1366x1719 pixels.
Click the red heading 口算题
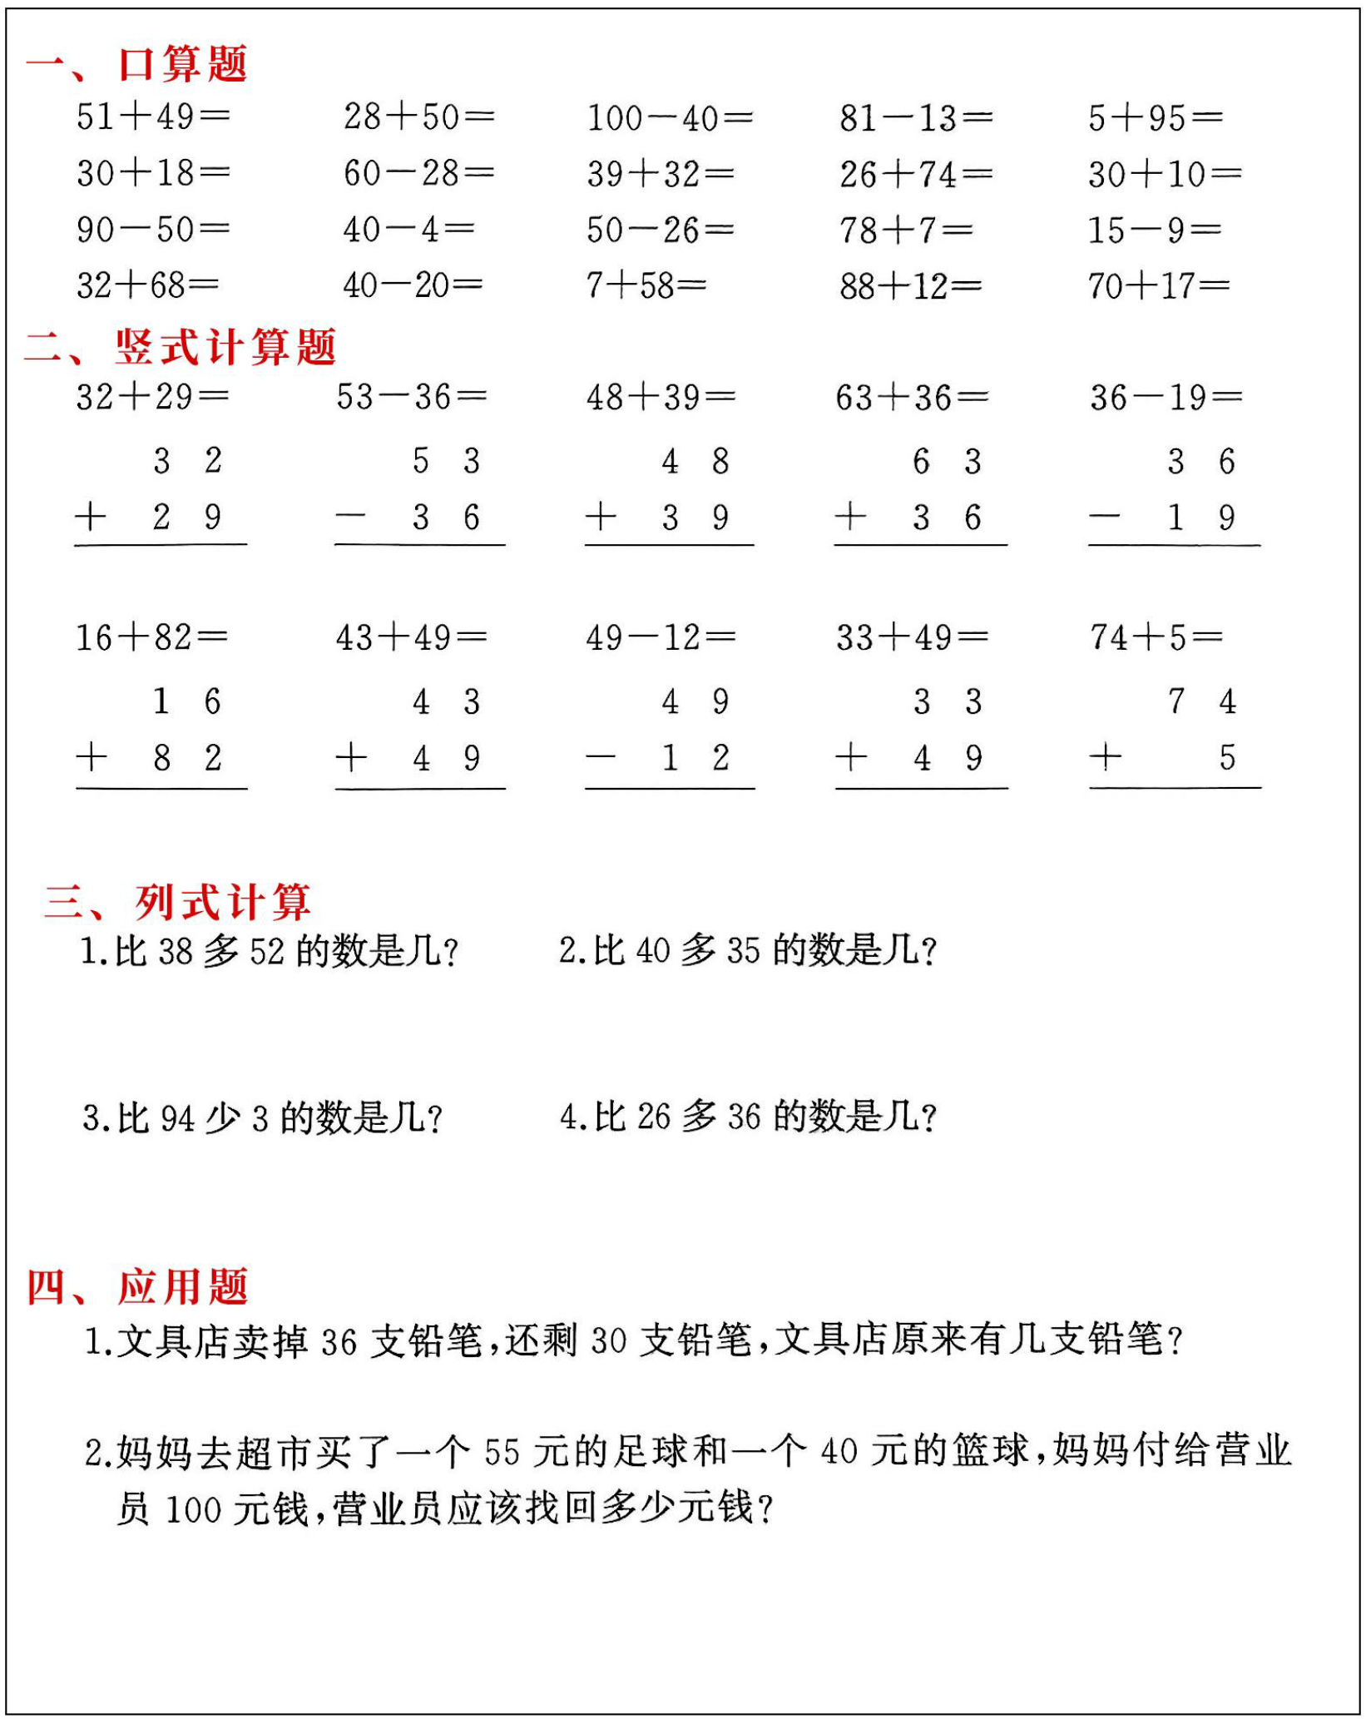pos(182,64)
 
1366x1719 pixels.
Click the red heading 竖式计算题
pos(225,347)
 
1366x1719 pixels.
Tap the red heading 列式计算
pos(222,902)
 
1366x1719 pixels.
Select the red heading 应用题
pos(182,1287)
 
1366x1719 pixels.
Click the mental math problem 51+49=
pos(153,116)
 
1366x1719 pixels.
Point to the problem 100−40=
pos(670,118)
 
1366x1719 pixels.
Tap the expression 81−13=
pos(915,118)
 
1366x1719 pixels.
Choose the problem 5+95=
pos(1155,118)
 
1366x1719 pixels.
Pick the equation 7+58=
pos(646,285)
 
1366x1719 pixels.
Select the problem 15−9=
pos(1154,230)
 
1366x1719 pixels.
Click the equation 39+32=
pos(660,174)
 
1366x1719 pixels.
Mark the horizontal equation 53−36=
pos(411,397)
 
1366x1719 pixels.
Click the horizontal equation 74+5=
pos(1156,637)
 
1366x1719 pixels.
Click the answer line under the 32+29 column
pos(161,544)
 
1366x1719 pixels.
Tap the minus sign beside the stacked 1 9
pos(1104,518)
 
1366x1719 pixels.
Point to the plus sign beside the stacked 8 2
pos(92,757)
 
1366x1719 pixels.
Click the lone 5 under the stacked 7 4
pos(1227,757)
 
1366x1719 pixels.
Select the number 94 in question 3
pos(177,1119)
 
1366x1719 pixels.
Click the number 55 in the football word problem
pos(502,1452)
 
